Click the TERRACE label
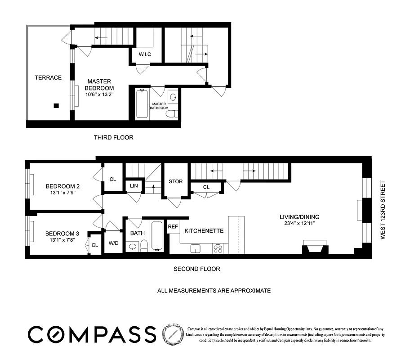pyautogui.click(x=48, y=77)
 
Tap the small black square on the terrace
pyautogui.click(x=56, y=106)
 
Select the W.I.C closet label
pyautogui.click(x=144, y=54)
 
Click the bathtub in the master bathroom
pyautogui.click(x=142, y=103)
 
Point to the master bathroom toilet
pyautogui.click(x=171, y=113)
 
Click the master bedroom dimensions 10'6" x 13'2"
pyautogui.click(x=99, y=94)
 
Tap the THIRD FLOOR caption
pyautogui.click(x=113, y=137)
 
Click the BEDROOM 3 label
pyautogui.click(x=62, y=234)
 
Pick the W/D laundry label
pyautogui.click(x=113, y=243)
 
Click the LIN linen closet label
pyautogui.click(x=134, y=186)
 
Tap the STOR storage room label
pyautogui.click(x=175, y=181)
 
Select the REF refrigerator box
pyautogui.click(x=173, y=227)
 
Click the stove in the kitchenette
pyautogui.click(x=218, y=248)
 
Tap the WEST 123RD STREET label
pyautogui.click(x=383, y=210)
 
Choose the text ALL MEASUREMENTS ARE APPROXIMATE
pyautogui.click(x=214, y=291)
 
